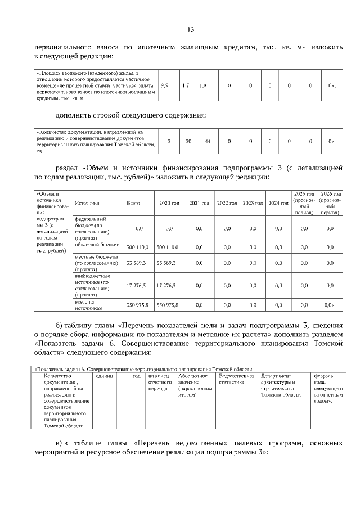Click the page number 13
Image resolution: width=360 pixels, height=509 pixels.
[x=191, y=29]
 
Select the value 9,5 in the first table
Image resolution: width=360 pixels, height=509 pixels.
[x=165, y=85]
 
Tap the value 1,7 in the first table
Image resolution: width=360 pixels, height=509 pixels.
[x=186, y=85]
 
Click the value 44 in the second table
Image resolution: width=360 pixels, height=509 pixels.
[x=208, y=141]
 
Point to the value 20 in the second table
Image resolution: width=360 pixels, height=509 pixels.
[x=189, y=141]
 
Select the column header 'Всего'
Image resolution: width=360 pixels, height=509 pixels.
[x=133, y=203]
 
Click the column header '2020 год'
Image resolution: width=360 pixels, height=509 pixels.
[x=169, y=203]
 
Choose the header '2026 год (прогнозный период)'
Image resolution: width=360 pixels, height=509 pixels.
[x=330, y=203]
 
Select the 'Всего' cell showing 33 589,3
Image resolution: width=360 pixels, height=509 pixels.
[x=136, y=263]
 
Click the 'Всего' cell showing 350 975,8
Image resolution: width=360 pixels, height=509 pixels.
[x=136, y=305]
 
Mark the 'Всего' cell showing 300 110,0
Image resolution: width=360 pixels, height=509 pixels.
[x=136, y=246]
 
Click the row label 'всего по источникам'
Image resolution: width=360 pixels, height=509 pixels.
[x=88, y=305]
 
